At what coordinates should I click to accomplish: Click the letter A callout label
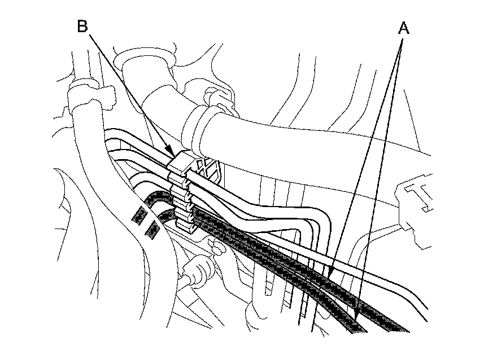[403, 29]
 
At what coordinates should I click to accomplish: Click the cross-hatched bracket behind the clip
[210, 168]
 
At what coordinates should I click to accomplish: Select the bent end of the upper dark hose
[155, 197]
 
